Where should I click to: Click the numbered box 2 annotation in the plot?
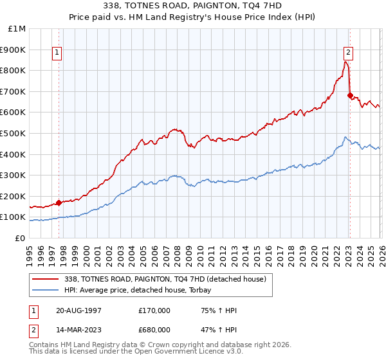(348, 53)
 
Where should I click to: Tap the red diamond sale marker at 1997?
(59, 203)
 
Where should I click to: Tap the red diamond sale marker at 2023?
(350, 96)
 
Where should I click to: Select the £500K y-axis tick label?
(14, 134)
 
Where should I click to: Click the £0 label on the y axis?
(20, 239)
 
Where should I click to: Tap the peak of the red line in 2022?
(345, 62)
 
